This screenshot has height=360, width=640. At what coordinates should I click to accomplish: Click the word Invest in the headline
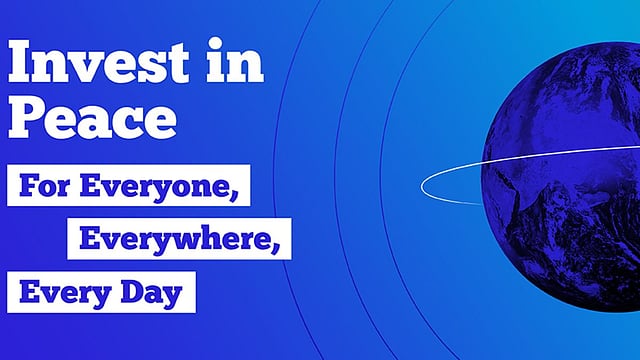click(x=98, y=61)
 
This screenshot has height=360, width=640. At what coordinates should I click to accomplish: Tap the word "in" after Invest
click(x=235, y=60)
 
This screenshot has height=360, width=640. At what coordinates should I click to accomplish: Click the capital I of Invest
click(x=21, y=61)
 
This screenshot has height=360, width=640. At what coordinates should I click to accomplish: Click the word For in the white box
click(x=44, y=186)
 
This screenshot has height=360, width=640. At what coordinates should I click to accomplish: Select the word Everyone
click(x=154, y=188)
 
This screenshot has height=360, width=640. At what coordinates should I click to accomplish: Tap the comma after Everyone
click(x=234, y=196)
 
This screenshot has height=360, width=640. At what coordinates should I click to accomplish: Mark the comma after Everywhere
click(x=275, y=248)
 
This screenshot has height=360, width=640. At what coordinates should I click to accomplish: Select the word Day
click(x=151, y=294)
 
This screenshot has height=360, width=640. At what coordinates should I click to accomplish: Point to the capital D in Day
click(x=131, y=291)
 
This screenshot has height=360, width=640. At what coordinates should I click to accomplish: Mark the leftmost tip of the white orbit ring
click(x=421, y=187)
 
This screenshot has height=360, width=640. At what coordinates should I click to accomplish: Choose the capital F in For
click(x=29, y=186)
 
